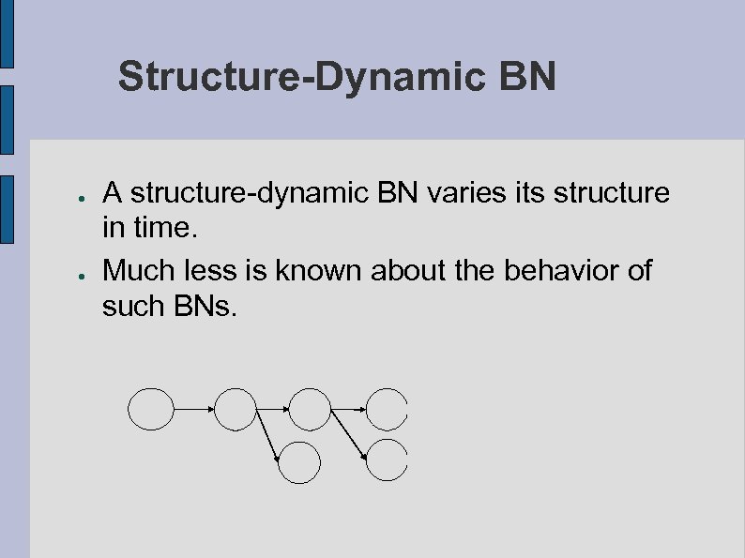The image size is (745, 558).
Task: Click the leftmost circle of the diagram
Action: (151, 409)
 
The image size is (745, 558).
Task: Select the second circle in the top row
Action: (236, 409)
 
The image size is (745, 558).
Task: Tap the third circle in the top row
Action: (310, 409)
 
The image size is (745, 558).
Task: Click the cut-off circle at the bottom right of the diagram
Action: (387, 460)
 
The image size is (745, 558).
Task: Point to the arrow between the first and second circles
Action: (194, 409)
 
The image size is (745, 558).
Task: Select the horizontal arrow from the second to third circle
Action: (272, 409)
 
